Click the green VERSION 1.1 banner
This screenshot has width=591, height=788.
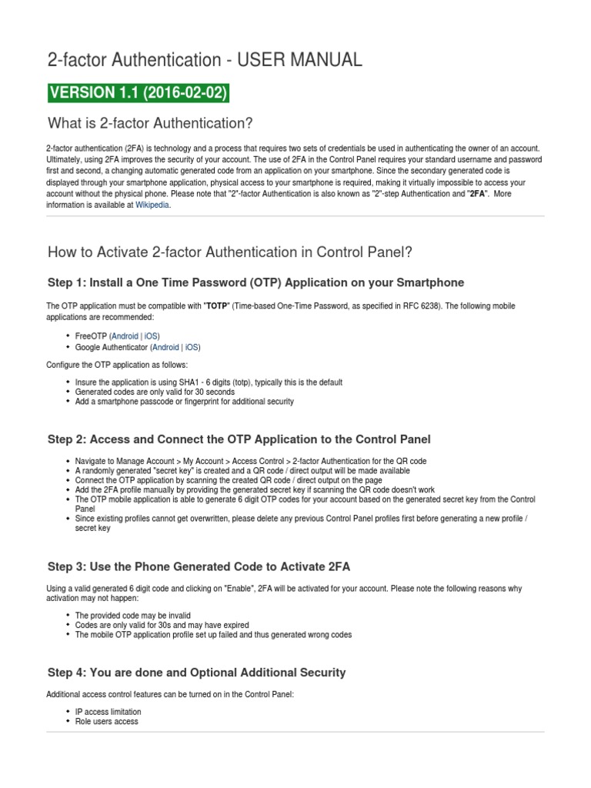click(138, 93)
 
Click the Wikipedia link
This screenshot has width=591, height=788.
click(152, 205)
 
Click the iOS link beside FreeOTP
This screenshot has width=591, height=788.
click(151, 336)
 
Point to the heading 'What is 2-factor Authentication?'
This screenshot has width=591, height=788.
click(150, 124)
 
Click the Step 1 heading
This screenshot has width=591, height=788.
click(255, 282)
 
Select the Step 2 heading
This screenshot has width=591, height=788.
click(239, 439)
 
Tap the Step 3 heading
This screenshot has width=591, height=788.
click(199, 567)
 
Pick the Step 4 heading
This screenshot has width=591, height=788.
click(196, 673)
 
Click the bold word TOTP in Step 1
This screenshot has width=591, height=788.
click(216, 306)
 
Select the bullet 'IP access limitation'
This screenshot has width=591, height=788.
click(108, 712)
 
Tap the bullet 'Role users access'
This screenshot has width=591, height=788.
click(106, 722)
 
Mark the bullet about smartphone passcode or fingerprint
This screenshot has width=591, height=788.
click(184, 402)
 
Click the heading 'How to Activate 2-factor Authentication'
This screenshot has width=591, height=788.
click(230, 252)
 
